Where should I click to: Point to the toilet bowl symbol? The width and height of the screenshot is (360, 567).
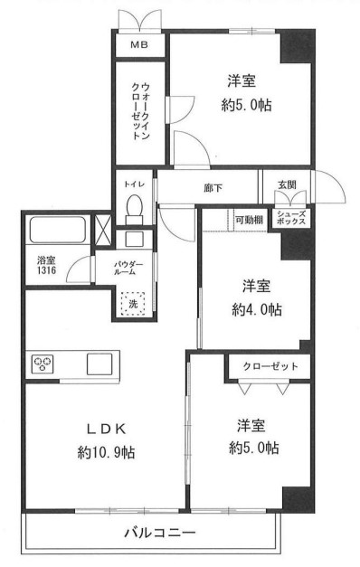(135, 208)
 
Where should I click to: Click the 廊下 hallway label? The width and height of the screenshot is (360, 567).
(213, 189)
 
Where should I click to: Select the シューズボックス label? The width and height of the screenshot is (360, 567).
(290, 218)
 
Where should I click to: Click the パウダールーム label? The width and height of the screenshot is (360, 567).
(128, 269)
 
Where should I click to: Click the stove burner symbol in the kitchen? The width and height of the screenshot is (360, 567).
(43, 364)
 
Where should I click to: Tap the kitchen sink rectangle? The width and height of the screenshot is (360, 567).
(99, 364)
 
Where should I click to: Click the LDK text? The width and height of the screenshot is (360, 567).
(106, 428)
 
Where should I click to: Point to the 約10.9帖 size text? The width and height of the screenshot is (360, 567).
(106, 453)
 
